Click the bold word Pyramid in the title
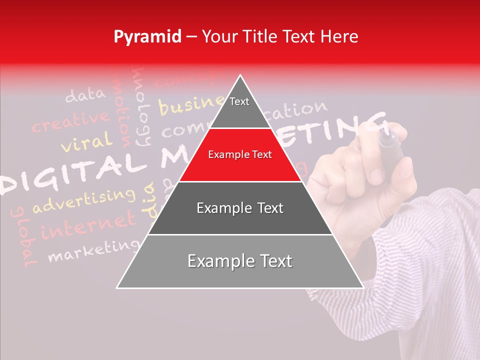[147, 37]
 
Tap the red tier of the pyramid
[240, 155]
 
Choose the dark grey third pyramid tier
[240, 208]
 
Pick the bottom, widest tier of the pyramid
[240, 261]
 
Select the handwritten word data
[85, 94]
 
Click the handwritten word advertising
[84, 201]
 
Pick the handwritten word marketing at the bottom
[94, 250]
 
